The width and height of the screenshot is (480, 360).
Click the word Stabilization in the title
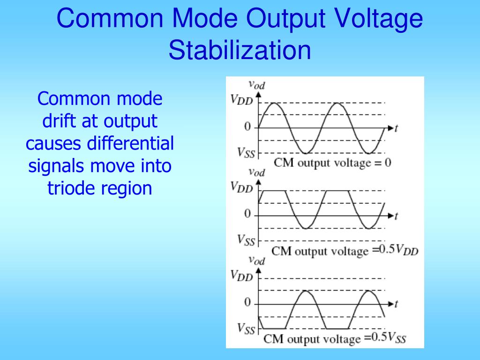[240, 50]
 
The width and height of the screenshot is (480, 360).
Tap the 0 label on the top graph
[247, 127]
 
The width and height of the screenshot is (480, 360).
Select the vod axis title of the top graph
[256, 84]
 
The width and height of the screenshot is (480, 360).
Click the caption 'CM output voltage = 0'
[332, 163]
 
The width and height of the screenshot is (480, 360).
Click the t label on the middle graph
[396, 216]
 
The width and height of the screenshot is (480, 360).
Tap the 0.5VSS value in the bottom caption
[389, 337]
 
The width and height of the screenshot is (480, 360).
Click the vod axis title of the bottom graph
[256, 260]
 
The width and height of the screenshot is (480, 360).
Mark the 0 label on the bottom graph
[247, 303]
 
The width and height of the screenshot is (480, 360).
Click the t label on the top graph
[396, 128]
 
